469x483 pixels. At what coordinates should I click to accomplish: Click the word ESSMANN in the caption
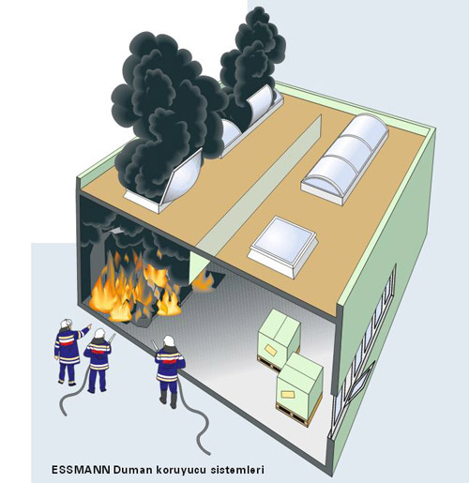tap(81, 470)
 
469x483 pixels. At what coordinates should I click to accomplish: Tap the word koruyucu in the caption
tap(181, 470)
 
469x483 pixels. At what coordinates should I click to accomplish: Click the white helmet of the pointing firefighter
tap(67, 324)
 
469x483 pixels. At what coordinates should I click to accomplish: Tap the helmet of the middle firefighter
tap(100, 333)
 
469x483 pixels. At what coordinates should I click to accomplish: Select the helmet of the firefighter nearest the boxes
tap(169, 340)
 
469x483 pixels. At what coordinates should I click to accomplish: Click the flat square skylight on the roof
tap(283, 247)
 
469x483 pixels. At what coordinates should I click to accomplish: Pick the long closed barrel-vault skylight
tap(345, 158)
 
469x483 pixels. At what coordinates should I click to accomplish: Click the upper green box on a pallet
tap(279, 335)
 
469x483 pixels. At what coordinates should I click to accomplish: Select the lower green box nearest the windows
tap(299, 385)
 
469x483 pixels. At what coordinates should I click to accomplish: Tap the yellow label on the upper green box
tap(270, 350)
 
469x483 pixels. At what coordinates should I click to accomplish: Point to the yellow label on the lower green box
tap(287, 394)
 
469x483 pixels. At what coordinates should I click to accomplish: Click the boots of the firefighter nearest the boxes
tap(168, 401)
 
